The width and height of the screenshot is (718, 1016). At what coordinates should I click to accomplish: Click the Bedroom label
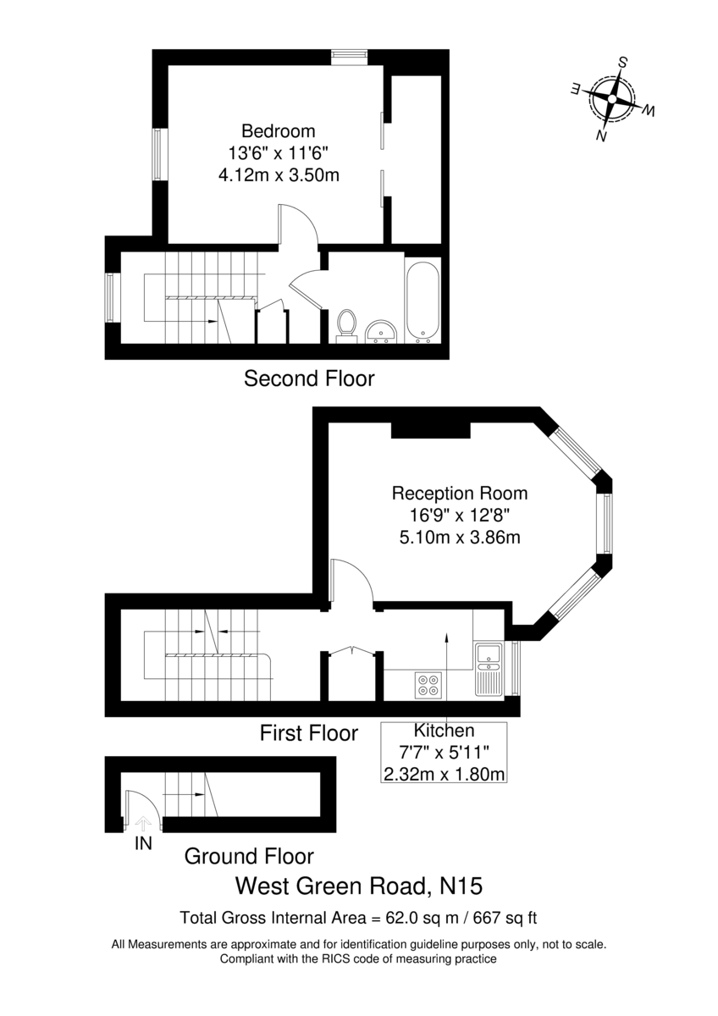[278, 131]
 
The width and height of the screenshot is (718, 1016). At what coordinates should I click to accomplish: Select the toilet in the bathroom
[347, 325]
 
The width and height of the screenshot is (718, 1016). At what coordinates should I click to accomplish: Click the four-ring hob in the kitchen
[428, 685]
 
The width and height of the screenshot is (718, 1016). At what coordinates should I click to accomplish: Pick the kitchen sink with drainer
[489, 669]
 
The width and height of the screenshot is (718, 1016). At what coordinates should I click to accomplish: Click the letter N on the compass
[601, 135]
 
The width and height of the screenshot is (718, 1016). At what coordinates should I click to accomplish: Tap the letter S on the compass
[623, 62]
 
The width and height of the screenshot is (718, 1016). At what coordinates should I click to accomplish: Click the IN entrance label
[143, 843]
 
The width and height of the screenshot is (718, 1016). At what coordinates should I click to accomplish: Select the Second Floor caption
[309, 378]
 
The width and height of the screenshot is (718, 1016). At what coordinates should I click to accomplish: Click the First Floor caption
[309, 733]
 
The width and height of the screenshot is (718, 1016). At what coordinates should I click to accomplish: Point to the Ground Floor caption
[249, 857]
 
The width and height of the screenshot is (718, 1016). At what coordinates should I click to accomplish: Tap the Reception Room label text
[460, 494]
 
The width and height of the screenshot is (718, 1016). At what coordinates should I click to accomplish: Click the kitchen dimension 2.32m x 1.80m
[444, 774]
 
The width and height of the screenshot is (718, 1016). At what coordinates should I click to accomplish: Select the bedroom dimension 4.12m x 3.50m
[279, 175]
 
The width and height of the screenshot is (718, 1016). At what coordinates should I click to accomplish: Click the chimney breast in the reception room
[430, 430]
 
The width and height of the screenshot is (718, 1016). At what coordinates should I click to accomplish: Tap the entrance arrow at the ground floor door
[143, 823]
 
